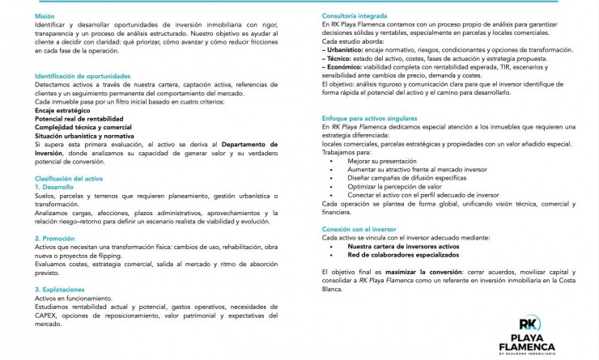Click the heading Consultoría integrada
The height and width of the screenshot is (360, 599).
point(354,16)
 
